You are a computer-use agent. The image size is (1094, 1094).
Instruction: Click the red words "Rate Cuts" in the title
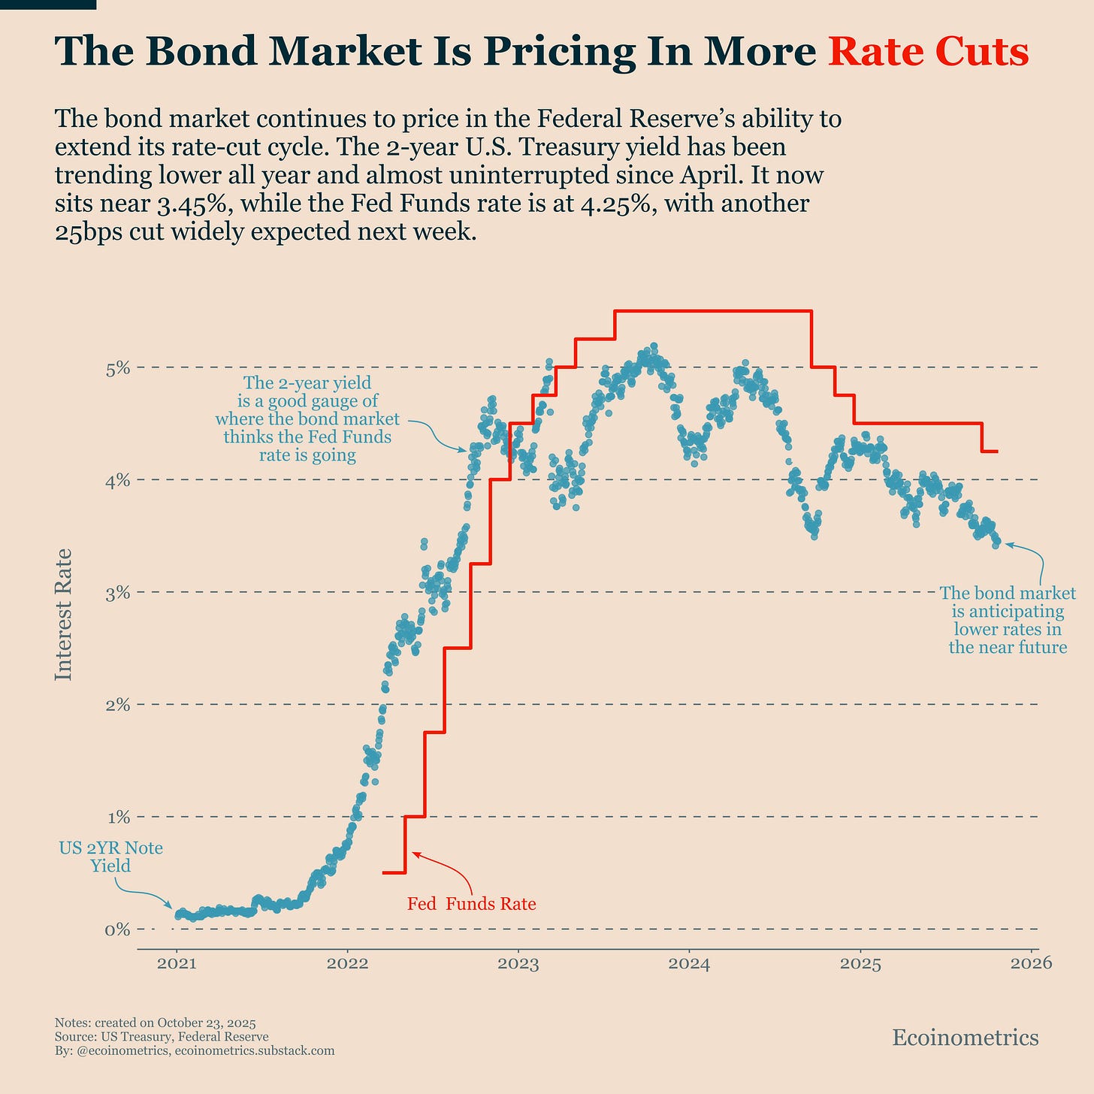[x=927, y=53]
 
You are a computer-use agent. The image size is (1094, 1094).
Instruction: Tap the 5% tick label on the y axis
[x=118, y=368]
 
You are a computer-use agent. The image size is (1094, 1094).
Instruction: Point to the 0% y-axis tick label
[x=118, y=929]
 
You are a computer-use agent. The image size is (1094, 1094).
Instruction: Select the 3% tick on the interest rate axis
[x=118, y=593]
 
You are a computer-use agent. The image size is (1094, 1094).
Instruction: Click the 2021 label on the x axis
[x=177, y=964]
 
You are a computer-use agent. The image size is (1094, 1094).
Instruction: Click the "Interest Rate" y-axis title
[x=64, y=615]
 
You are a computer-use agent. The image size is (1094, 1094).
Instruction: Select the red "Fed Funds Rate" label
[x=471, y=904]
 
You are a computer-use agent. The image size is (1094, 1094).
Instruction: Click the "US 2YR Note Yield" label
[x=110, y=857]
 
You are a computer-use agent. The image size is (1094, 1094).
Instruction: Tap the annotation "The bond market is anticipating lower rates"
[x=1008, y=620]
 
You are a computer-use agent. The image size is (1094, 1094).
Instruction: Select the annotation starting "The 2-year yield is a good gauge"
[x=307, y=419]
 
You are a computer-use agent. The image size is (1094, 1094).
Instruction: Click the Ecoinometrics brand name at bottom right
[x=965, y=1038]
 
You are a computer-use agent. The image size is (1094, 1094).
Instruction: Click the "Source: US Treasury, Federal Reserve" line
[x=162, y=1037]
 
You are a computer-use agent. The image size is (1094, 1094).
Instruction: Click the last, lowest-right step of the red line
[x=990, y=451]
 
